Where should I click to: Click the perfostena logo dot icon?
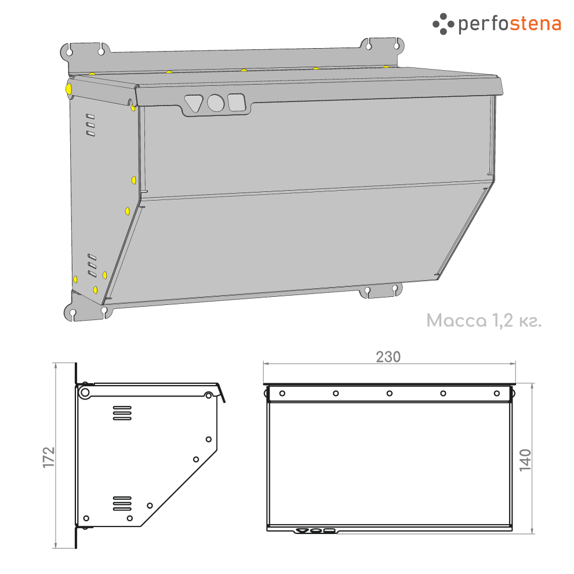point(443,24)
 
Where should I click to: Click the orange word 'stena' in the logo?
point(535,24)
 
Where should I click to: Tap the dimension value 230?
point(388,357)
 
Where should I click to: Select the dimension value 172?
point(49,457)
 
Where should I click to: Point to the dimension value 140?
point(525,460)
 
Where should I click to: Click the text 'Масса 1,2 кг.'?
point(484,321)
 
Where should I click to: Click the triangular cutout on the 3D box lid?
point(193,103)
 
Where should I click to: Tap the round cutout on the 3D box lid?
point(216,103)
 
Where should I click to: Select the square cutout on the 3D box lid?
point(237,102)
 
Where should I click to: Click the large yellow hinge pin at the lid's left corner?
point(68,89)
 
